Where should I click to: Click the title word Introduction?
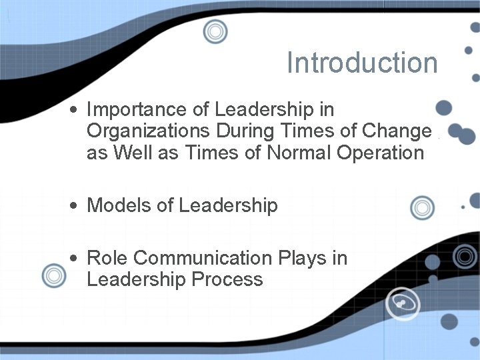click(x=362, y=63)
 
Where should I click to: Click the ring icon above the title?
click(x=215, y=31)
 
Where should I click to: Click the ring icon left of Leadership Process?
click(x=53, y=275)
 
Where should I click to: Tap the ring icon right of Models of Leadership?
click(x=422, y=208)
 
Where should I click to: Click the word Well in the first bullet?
click(x=135, y=153)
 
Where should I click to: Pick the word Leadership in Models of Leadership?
click(x=228, y=205)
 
